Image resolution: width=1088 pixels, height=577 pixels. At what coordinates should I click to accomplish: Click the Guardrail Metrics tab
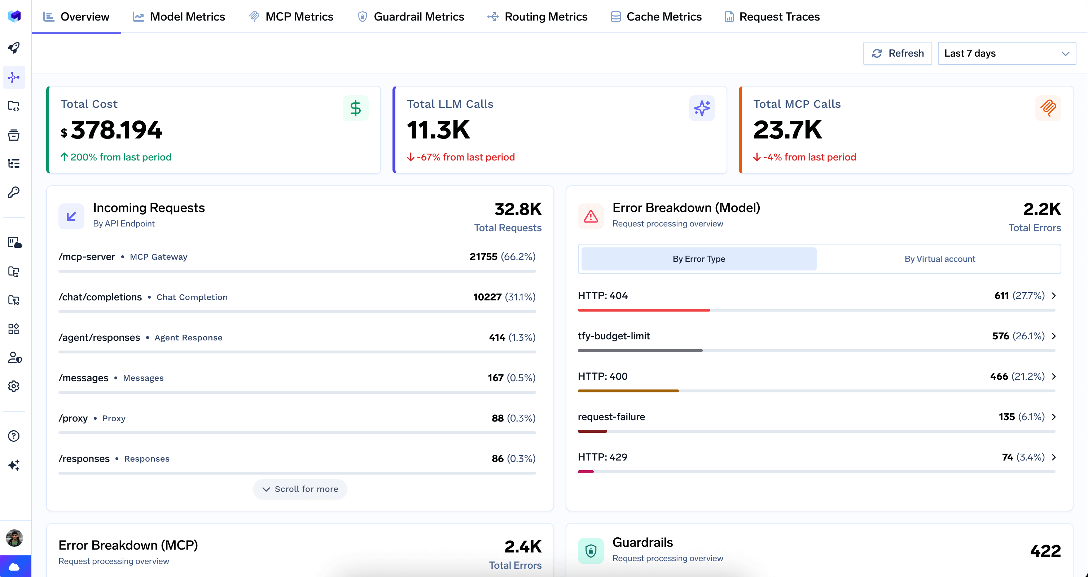click(411, 17)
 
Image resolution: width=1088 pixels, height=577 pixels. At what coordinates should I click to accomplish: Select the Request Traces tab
click(772, 17)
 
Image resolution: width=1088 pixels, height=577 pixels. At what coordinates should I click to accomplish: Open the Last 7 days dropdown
click(1006, 53)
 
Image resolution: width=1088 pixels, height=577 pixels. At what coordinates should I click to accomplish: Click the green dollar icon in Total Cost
click(355, 108)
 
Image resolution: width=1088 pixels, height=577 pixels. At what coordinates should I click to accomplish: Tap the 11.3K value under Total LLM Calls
click(438, 129)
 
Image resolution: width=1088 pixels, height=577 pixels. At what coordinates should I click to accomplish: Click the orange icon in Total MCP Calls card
click(1048, 108)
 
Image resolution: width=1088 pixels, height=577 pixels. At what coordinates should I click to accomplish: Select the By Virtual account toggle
click(939, 259)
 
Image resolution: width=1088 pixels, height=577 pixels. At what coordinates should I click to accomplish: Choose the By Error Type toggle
click(699, 259)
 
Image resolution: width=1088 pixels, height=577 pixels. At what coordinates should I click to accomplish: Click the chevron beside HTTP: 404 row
click(1054, 295)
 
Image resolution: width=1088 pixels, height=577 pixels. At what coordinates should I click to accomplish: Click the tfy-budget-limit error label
click(613, 336)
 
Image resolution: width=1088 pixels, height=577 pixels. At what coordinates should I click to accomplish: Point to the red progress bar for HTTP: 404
click(643, 310)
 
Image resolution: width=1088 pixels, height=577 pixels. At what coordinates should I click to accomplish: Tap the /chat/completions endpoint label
click(100, 297)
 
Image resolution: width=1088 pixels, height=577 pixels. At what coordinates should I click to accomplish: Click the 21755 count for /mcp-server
click(483, 257)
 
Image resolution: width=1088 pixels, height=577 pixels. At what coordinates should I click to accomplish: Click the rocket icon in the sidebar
click(14, 48)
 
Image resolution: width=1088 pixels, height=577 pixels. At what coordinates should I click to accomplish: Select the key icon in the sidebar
click(14, 193)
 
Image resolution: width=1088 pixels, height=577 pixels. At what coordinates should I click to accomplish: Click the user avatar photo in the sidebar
click(14, 538)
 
